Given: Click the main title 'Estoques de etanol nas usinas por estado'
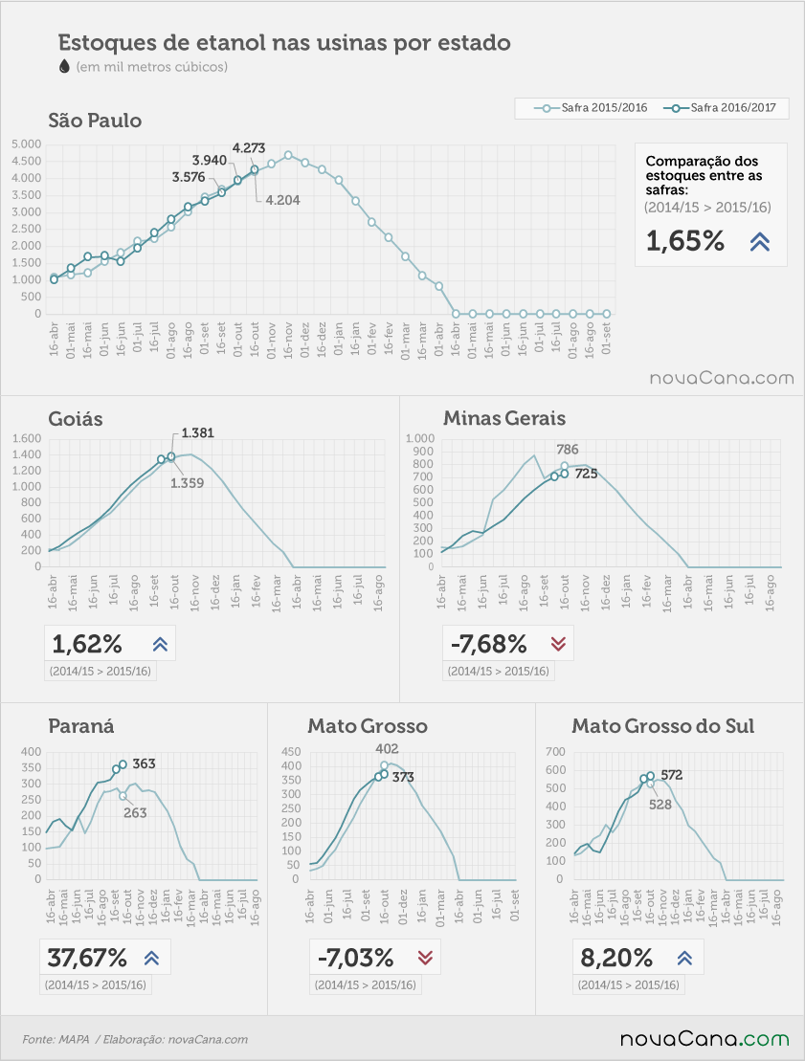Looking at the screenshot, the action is point(284,43).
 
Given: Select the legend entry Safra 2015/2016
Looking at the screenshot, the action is point(591,107).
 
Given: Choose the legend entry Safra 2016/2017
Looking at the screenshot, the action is point(720,107).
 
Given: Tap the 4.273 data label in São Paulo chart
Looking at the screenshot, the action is point(249,148).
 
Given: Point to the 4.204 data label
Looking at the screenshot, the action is point(283,200).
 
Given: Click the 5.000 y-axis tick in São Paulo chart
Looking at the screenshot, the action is point(27,144).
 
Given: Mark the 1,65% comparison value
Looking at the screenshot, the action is point(685,241).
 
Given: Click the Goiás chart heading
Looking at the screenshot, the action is point(76,418).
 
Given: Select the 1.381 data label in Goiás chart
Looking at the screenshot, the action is point(198,433).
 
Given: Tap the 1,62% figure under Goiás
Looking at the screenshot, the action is point(87,644).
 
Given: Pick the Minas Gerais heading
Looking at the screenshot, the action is point(504,418).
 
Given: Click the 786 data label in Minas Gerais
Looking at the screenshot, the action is point(568,450).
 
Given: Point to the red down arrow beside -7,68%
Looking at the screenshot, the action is point(558,644).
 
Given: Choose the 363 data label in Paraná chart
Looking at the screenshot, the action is point(144,764).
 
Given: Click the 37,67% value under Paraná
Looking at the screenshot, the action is point(87,958).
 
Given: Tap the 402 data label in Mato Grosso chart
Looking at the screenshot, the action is point(388,749).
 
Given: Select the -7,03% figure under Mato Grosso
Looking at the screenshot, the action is point(356,958).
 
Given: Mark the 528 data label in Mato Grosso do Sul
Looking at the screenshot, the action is point(660,805).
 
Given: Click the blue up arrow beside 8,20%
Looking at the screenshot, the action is point(684,958).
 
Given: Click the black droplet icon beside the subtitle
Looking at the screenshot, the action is point(64,66).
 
